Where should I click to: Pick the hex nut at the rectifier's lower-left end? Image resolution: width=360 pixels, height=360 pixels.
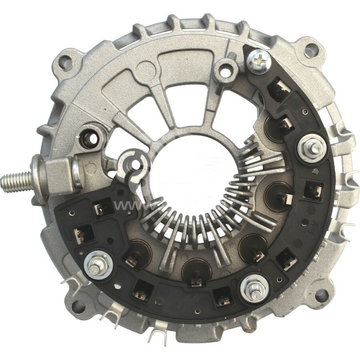95,267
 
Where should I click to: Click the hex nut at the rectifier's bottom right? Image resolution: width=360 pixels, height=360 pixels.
255,288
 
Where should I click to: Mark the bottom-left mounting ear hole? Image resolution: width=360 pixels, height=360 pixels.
78,307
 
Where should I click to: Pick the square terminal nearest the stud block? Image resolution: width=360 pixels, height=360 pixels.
102,208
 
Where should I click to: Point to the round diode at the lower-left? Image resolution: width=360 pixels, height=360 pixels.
137,255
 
